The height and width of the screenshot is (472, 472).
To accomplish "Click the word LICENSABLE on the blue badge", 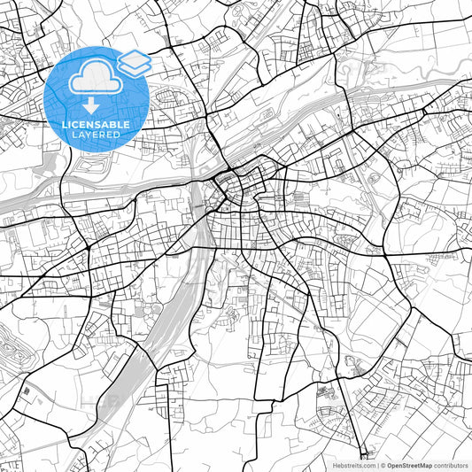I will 97,125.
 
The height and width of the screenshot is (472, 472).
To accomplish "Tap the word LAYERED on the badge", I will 97,135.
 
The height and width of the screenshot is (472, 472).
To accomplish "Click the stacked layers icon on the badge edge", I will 135,62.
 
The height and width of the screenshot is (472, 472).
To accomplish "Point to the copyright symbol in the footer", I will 383,465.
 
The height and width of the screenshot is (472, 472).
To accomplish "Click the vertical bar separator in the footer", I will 376,465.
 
